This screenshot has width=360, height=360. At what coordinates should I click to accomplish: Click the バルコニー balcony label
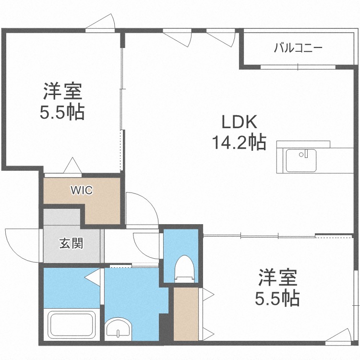tap(298, 48)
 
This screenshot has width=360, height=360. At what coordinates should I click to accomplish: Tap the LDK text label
tap(239, 122)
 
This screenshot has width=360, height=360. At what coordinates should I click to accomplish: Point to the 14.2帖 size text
tap(240, 142)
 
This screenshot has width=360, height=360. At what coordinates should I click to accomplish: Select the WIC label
tap(82, 190)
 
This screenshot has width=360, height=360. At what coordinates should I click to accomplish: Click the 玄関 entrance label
tap(71, 243)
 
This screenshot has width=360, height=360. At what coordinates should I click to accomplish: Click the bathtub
tap(72, 324)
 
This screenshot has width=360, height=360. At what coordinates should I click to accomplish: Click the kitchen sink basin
tap(301, 160)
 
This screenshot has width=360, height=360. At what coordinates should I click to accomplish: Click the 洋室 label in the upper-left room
tap(63, 91)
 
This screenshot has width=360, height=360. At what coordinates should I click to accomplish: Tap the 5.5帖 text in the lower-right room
tap(277, 299)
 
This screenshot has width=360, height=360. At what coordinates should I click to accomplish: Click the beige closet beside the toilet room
tap(186, 314)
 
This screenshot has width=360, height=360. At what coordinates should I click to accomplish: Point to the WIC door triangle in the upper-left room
tap(72, 165)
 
